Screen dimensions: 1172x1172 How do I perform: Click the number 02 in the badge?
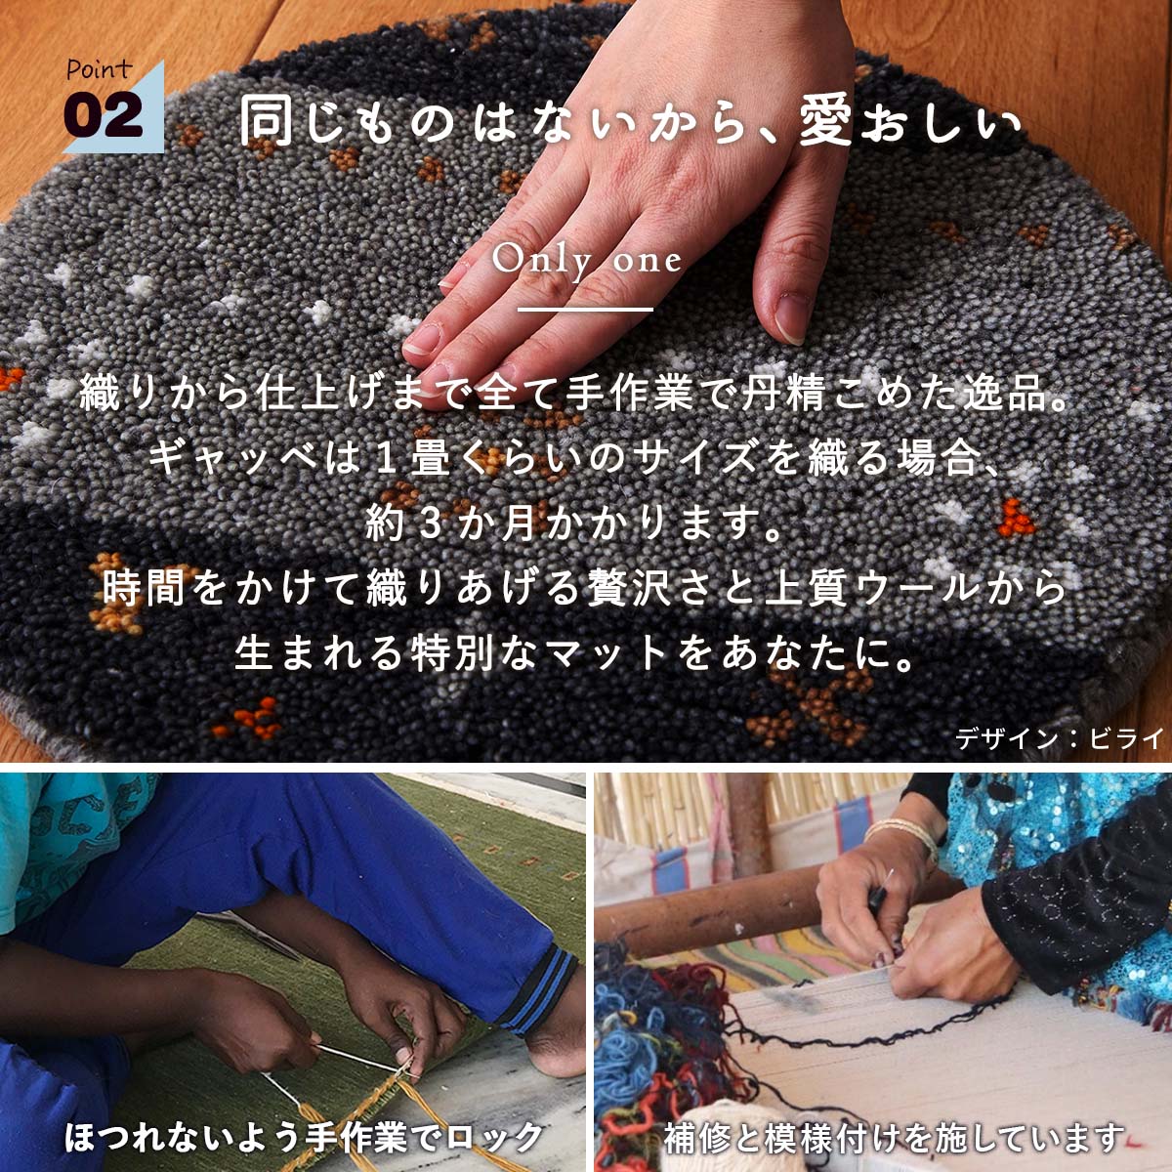104,115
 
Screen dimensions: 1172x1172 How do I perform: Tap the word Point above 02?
100,69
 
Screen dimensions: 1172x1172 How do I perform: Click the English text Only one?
586,262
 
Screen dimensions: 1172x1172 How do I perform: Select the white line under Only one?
585,310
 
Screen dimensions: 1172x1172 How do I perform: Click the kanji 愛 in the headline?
825,123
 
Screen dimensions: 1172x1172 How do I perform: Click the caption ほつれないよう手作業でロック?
304,1137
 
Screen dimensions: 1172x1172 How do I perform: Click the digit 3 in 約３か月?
431,524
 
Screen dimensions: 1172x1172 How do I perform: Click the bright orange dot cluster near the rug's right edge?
1015,520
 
